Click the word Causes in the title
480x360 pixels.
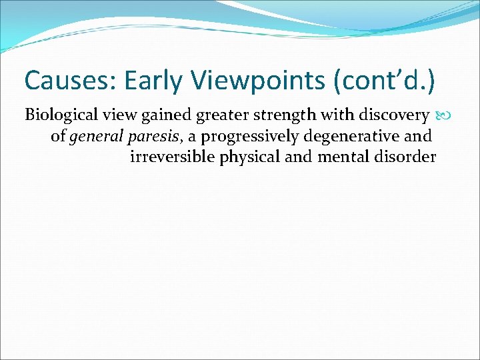(x=62, y=81)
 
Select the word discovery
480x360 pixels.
(x=392, y=115)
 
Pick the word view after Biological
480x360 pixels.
(x=109, y=115)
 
